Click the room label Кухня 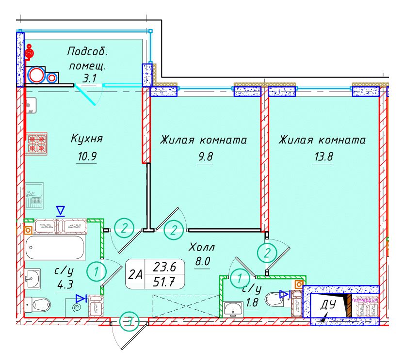click(x=87, y=139)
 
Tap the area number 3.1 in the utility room click(x=89, y=77)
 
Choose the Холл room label click(x=201, y=247)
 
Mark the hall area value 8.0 click(x=201, y=261)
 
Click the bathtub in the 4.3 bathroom click(x=54, y=248)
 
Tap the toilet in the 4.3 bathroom click(x=38, y=304)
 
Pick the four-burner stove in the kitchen click(x=36, y=143)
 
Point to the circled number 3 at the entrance click(x=129, y=321)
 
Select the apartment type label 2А click(x=136, y=274)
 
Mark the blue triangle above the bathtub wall click(x=60, y=210)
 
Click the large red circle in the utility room click(x=35, y=75)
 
